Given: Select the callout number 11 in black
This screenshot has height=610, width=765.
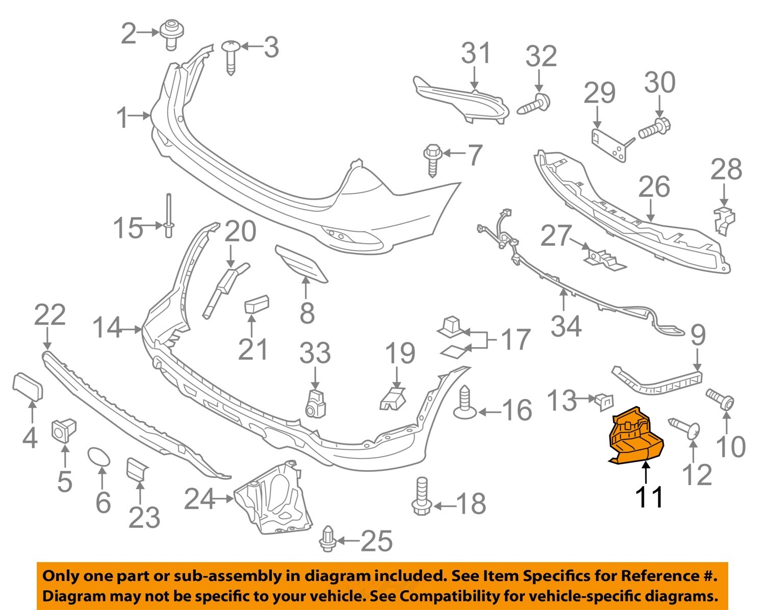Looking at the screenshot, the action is point(649,497).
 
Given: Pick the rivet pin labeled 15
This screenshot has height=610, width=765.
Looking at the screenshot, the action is point(168,216).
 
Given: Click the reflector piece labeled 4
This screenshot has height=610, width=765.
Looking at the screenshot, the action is point(28,386).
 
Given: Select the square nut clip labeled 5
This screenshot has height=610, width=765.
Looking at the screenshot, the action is point(64,430).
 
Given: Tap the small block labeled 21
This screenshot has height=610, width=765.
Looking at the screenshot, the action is point(257,304).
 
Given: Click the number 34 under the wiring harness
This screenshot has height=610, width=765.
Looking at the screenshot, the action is point(566,326).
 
